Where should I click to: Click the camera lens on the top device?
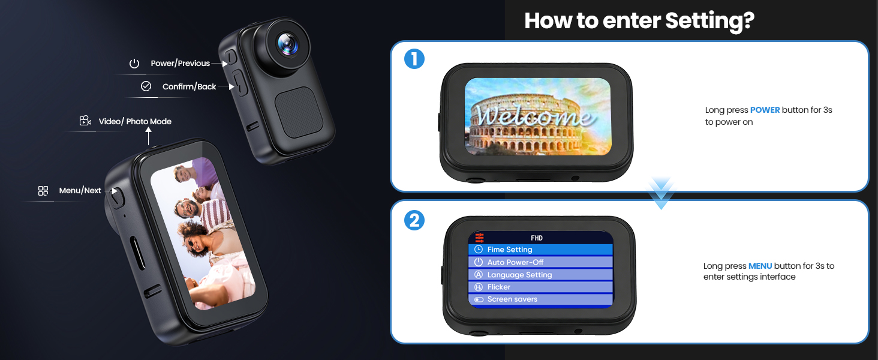tap(287, 44)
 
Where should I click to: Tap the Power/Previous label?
tap(181, 63)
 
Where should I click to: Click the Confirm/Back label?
tap(190, 86)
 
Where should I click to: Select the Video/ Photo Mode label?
tap(135, 122)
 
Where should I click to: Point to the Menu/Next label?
tap(80, 190)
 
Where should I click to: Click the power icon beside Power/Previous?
tap(134, 63)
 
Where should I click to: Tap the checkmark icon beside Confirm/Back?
tap(146, 86)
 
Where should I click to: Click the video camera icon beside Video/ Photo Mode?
tap(85, 121)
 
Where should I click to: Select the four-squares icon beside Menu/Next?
tap(43, 191)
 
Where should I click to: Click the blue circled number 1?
tap(414, 59)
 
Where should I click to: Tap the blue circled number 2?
tap(414, 220)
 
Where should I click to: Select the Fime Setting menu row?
tap(540, 250)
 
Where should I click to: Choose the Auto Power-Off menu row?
tap(540, 262)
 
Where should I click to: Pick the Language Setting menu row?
tap(540, 275)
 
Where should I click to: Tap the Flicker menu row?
tap(540, 287)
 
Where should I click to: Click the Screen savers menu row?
tap(540, 299)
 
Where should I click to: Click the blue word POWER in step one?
tap(765, 110)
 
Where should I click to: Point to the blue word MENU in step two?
tap(760, 266)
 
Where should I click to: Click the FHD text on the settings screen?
tap(537, 238)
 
